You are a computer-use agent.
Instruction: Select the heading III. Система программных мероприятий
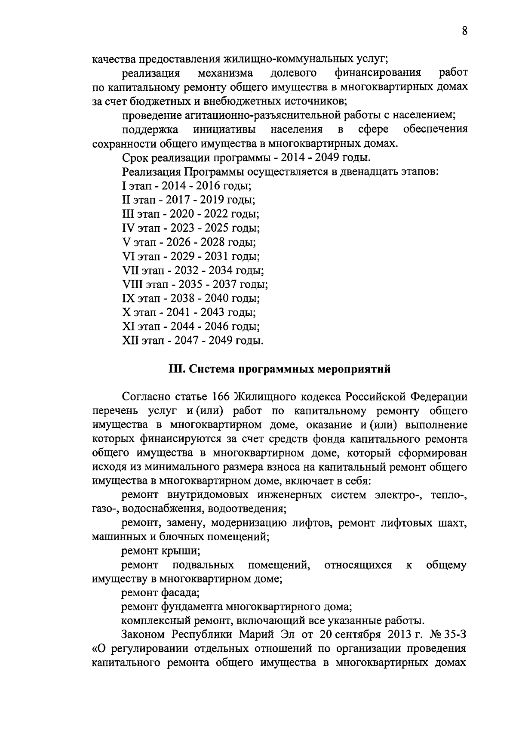(279, 369)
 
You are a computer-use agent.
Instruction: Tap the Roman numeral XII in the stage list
(130, 341)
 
